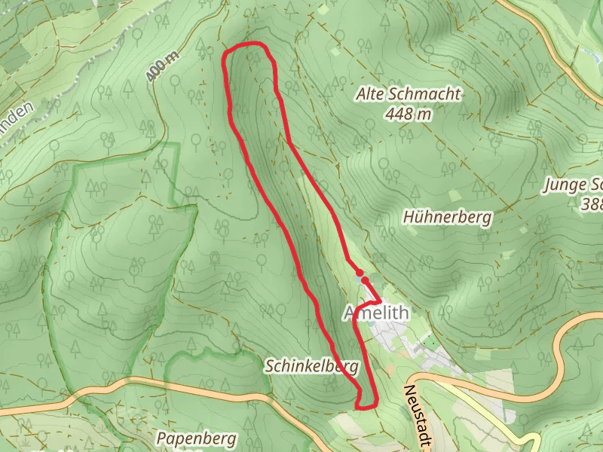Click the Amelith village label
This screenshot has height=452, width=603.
[376, 313]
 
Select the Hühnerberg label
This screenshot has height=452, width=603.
[447, 218]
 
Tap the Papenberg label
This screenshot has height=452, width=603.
[196, 438]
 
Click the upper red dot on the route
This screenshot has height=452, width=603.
[360, 273]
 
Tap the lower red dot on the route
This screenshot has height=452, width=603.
[365, 280]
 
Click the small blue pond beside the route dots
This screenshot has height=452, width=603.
[357, 279]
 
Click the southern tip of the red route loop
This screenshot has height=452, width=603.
[366, 407]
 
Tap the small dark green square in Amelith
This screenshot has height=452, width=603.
[372, 325]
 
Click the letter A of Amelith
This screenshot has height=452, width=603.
[351, 313]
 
